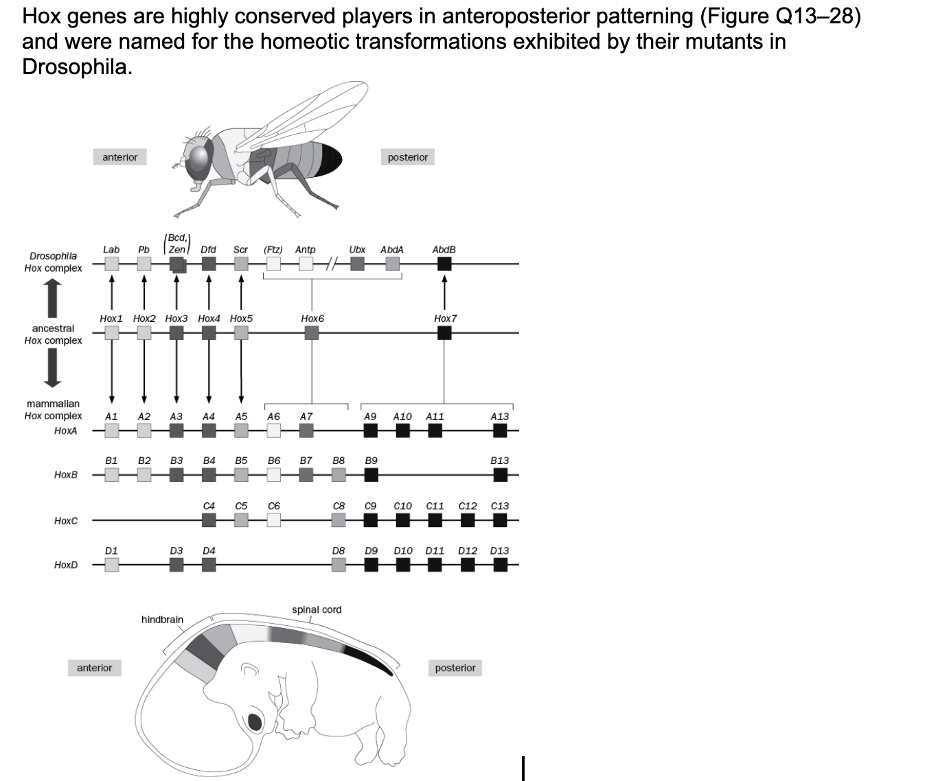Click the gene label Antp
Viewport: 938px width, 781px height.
pos(305,250)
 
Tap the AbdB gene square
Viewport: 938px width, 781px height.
pos(444,264)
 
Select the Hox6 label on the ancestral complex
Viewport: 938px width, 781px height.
pos(312,318)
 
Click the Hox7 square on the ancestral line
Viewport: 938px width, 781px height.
pos(444,333)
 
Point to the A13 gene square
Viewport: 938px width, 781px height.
pos(500,430)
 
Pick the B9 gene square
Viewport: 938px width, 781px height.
pos(371,474)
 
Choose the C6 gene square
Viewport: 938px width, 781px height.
pos(273,520)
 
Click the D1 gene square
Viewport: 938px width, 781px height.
pos(111,564)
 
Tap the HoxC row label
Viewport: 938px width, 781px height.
pos(66,521)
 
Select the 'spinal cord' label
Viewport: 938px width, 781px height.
pos(317,609)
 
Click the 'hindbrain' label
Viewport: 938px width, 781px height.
pos(162,620)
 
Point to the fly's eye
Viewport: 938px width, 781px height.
pos(199,159)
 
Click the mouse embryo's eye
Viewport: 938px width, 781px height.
pos(255,722)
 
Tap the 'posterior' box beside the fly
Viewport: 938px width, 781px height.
pos(407,157)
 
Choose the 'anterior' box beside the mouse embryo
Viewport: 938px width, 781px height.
pos(94,668)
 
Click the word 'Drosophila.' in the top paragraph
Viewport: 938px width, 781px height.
pos(77,67)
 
